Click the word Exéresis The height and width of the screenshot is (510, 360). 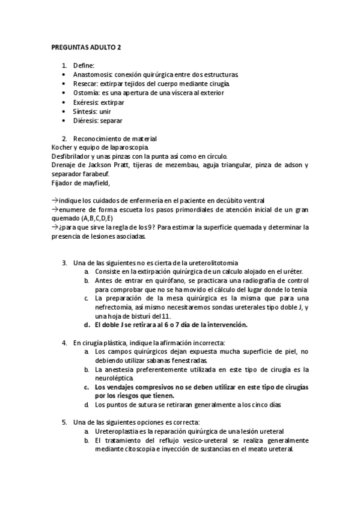coord(87,102)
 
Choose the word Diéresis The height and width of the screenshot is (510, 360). coord(86,121)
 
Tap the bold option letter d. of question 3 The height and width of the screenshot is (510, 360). coord(88,325)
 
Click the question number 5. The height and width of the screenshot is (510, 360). coord(64,422)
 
